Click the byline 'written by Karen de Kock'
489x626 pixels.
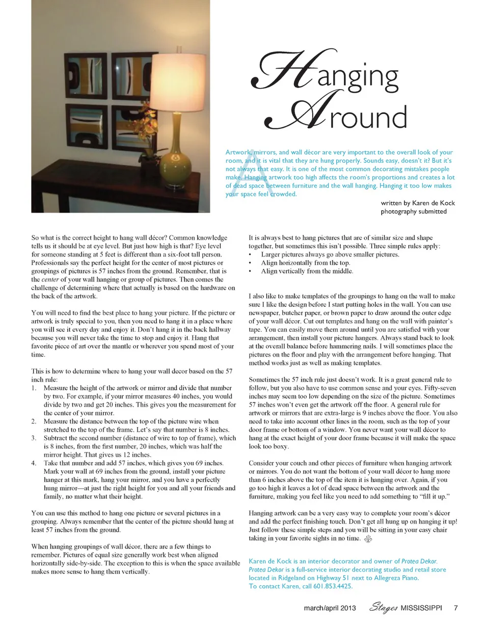coord(418,203)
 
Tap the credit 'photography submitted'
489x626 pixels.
coord(414,212)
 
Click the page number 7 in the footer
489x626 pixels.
coord(456,609)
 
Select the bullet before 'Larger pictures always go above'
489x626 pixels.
coord(250,254)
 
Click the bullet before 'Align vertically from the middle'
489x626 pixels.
coord(250,272)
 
